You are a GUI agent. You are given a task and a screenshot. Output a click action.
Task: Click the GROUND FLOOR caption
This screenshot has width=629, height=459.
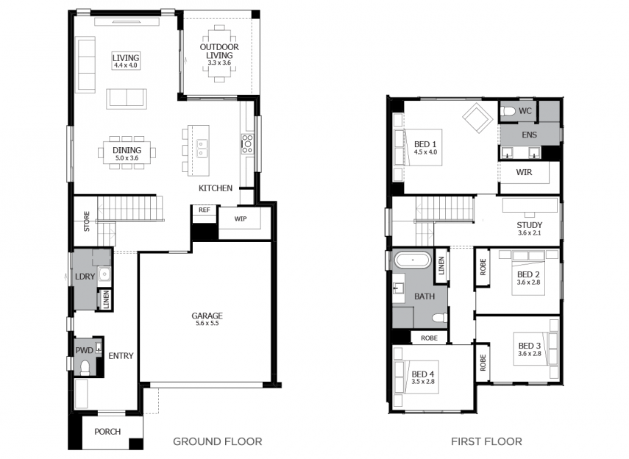[218, 442]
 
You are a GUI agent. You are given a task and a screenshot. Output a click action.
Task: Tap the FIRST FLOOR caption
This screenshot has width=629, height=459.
[486, 442]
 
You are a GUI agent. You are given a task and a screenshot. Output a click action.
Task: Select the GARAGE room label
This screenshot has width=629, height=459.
[207, 316]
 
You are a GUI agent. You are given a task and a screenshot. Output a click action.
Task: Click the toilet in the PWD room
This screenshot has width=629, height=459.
[85, 367]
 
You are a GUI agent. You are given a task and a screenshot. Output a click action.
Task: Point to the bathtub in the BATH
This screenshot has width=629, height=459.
[413, 260]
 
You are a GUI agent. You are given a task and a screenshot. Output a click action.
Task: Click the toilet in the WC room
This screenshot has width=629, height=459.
[508, 111]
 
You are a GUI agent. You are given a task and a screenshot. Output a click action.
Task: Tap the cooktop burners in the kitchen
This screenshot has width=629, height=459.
[247, 144]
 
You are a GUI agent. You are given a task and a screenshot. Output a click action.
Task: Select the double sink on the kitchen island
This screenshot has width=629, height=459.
[202, 149]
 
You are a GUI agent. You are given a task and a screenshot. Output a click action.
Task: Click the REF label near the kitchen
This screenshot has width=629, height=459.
[205, 210]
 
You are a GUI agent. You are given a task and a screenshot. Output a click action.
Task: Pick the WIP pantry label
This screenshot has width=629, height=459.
[241, 218]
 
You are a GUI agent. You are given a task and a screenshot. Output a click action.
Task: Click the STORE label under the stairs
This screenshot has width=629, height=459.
[87, 221]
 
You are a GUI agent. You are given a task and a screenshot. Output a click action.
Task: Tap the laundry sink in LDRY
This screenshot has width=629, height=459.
[104, 274]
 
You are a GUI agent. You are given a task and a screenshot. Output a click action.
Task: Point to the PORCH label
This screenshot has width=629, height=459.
[107, 432]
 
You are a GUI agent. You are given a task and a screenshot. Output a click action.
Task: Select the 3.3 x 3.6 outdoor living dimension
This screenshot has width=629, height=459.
[219, 63]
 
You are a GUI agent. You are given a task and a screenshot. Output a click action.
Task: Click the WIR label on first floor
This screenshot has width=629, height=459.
[524, 172]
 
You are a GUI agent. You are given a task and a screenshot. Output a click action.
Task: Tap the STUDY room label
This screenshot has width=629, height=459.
[529, 225]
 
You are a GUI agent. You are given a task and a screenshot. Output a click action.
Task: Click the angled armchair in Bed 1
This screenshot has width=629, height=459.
[477, 118]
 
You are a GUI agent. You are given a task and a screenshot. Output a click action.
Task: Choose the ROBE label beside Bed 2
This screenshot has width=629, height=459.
[483, 267]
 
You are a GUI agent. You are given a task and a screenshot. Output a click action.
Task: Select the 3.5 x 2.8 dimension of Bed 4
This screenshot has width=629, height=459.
[423, 382]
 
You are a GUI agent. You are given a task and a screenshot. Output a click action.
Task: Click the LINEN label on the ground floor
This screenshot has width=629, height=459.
[106, 299]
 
